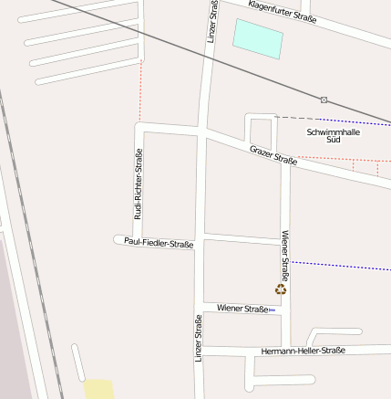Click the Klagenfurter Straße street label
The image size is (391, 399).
pos(283,12)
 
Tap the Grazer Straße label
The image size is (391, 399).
pos(273,154)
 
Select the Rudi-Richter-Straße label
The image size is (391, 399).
pos(139,184)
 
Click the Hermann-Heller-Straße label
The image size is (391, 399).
pos(303,351)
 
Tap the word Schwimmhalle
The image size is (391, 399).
pos(333,131)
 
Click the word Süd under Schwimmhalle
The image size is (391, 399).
pos(333,140)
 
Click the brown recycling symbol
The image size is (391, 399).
pos(281,289)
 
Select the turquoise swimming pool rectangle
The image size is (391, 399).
pos(258,38)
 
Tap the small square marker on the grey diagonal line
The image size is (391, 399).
pos(324,99)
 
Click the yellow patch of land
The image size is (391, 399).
pos(99,389)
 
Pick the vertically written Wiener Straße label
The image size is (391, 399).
pos(285,255)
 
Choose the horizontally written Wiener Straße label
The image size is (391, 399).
pos(242,309)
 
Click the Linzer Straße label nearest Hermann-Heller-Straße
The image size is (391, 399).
pos(198,338)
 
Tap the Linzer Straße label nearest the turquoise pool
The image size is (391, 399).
pos(212,22)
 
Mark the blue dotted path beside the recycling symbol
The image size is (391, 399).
pos(337,265)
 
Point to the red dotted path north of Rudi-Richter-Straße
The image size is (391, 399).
pos(141,90)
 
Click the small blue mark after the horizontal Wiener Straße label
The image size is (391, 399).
pos(272,310)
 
